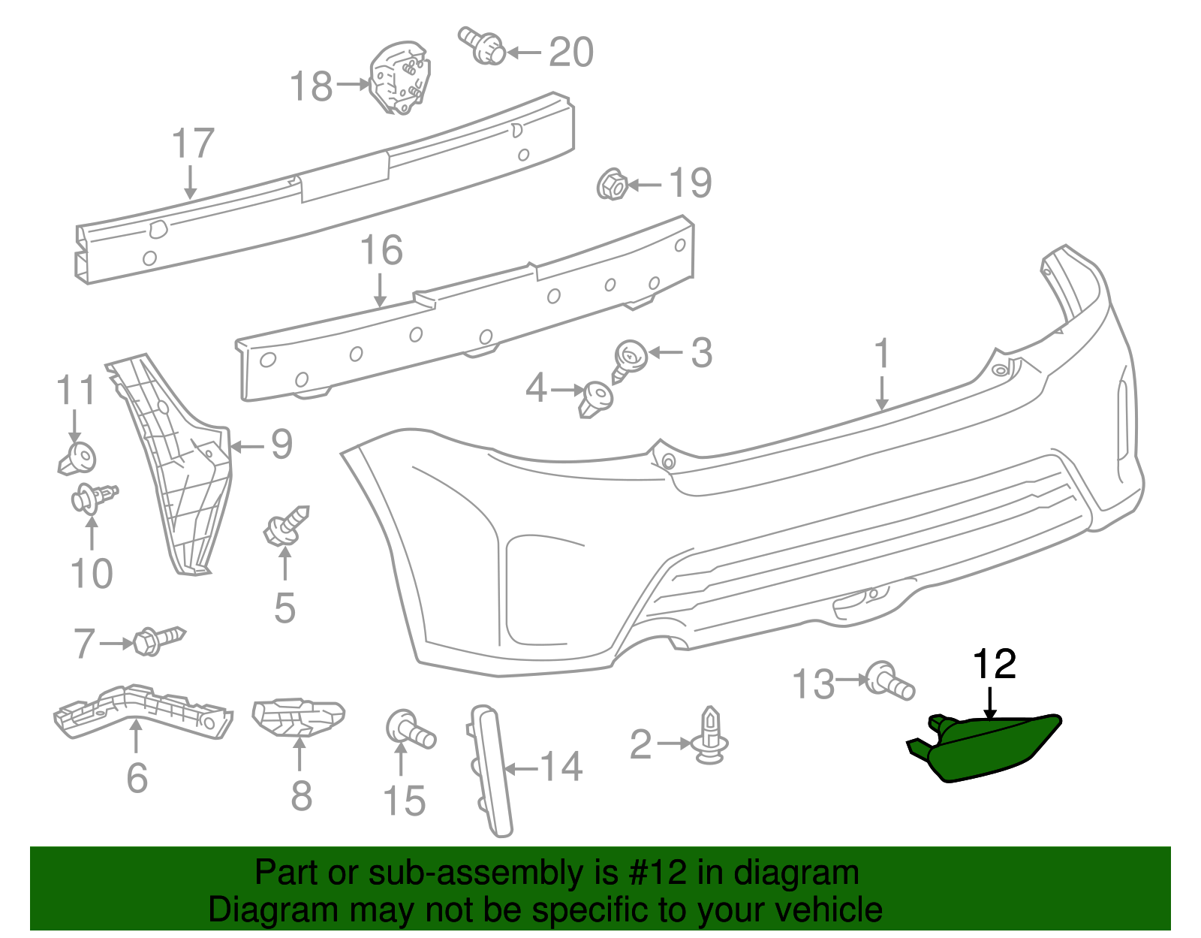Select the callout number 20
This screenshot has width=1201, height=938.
pyautogui.click(x=571, y=53)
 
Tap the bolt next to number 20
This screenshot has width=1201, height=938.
pyautogui.click(x=484, y=47)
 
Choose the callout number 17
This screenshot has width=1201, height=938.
pyautogui.click(x=193, y=143)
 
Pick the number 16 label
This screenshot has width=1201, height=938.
pyautogui.click(x=381, y=251)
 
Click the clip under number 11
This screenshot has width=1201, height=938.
pyautogui.click(x=77, y=457)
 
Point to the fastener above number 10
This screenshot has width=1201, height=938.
pyautogui.click(x=92, y=497)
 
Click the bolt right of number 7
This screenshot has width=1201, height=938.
pyautogui.click(x=158, y=641)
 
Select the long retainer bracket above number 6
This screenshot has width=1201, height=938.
pyautogui.click(x=143, y=710)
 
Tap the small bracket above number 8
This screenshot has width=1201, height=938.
pyautogui.click(x=297, y=717)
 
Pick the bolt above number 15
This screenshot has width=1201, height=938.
pyautogui.click(x=409, y=729)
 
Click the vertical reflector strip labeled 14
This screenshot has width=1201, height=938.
pyautogui.click(x=492, y=770)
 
